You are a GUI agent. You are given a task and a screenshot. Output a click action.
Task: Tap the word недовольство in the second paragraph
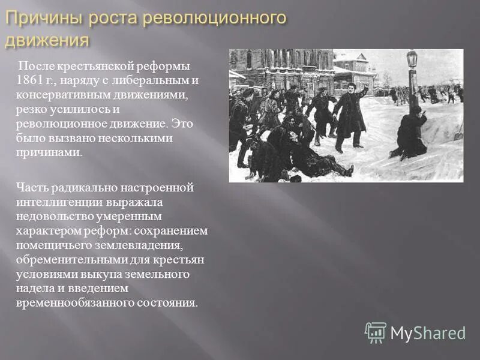click(x=52, y=216)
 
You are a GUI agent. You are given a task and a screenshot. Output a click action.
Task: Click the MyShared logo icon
click(x=376, y=332)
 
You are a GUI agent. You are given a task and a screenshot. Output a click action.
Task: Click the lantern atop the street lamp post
click(x=412, y=59)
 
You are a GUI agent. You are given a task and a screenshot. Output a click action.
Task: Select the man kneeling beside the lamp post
click(x=411, y=135)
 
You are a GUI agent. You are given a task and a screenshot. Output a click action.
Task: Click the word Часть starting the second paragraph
click(x=32, y=187)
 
